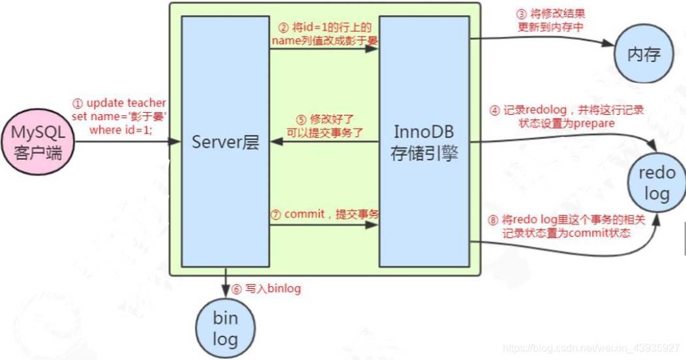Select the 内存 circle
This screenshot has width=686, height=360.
click(644, 54)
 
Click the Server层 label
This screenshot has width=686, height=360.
click(226, 142)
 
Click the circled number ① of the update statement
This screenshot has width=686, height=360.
click(78, 104)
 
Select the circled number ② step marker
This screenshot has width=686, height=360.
click(283, 27)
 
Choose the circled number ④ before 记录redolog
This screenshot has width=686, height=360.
click(495, 110)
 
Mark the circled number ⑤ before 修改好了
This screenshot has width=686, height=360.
click(301, 120)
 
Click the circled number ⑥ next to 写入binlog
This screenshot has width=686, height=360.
click(236, 288)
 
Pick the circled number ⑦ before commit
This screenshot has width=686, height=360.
click(276, 215)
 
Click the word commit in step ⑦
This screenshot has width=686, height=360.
click(305, 215)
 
